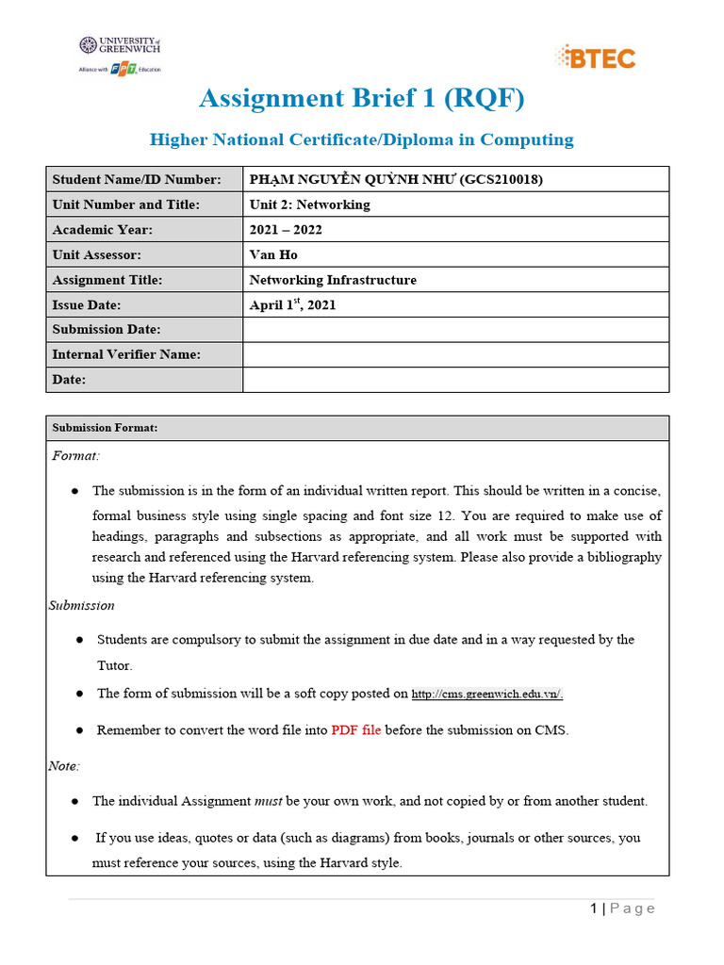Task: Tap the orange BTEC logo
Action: coord(596,57)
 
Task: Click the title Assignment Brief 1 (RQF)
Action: coord(361,98)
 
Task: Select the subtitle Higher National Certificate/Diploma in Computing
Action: coord(362,139)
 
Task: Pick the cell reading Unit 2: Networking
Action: coord(309,204)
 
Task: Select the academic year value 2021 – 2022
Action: coord(288,229)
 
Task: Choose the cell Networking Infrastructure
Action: coord(333,280)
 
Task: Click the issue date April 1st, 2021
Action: coord(292,304)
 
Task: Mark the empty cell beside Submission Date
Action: coord(455,330)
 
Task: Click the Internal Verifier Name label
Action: coord(126,354)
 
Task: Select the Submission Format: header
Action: coord(105,428)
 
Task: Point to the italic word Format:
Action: coord(75,456)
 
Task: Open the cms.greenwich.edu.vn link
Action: coord(487,694)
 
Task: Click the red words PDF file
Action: coord(356,730)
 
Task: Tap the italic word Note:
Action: coord(64,766)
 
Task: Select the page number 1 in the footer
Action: coord(594,908)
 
